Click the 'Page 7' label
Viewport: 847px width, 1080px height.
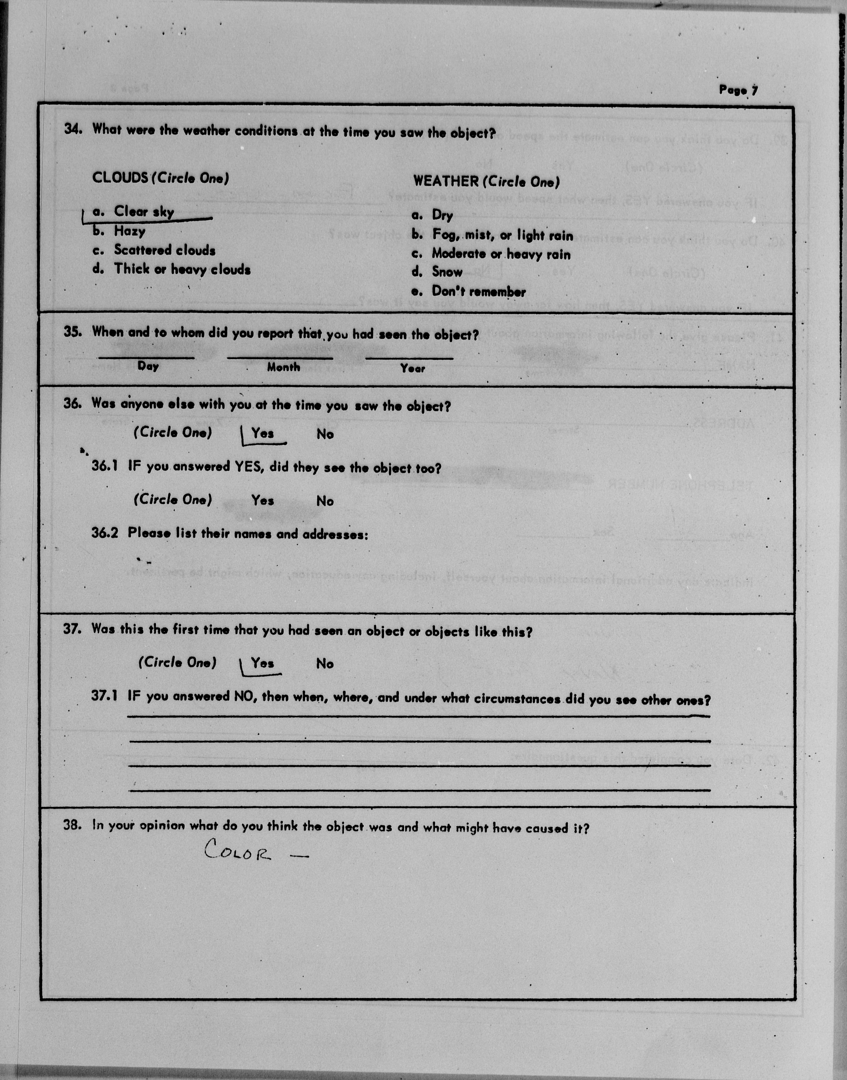(738, 90)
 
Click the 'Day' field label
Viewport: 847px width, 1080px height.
(148, 367)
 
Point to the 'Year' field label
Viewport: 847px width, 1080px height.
(413, 368)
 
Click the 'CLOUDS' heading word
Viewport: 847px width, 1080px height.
(120, 178)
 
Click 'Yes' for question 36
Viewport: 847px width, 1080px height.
(262, 433)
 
